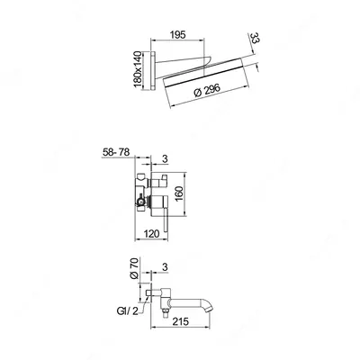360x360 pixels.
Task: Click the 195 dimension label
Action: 178,34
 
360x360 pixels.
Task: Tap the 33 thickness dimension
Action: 254,39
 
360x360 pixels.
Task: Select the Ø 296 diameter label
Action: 207,91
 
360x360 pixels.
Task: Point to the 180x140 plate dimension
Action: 138,69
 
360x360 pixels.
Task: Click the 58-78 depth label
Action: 116,152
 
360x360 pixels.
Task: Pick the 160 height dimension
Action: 179,194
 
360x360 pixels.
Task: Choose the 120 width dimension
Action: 151,234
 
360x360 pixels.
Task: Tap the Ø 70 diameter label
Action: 135,269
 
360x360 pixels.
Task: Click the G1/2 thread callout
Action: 128,311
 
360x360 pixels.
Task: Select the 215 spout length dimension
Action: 181,321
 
